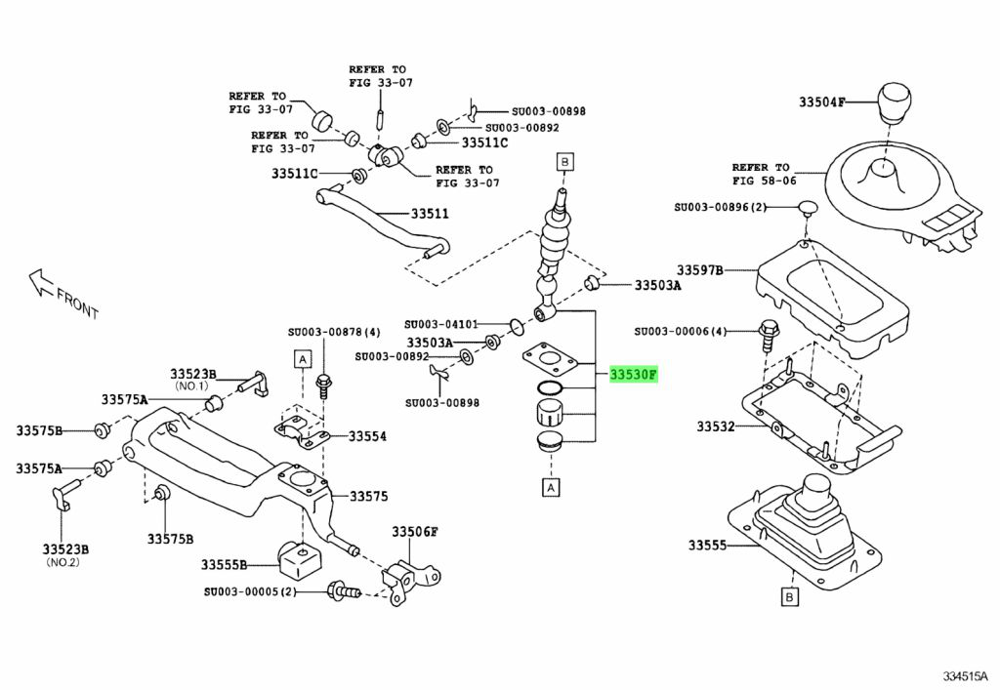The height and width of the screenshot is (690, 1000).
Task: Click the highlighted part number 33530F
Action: coord(634,374)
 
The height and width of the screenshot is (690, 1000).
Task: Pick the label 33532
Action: coord(718,426)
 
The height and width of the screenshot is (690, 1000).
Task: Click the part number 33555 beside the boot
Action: coord(710,545)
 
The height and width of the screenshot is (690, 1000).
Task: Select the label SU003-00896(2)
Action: coord(722,207)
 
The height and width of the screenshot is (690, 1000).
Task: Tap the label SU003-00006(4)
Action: coord(694,331)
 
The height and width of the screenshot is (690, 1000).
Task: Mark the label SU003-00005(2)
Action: coord(249,591)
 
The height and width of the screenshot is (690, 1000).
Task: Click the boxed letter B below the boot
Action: coord(788,595)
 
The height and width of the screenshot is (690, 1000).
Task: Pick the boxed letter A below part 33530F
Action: coord(551,485)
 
